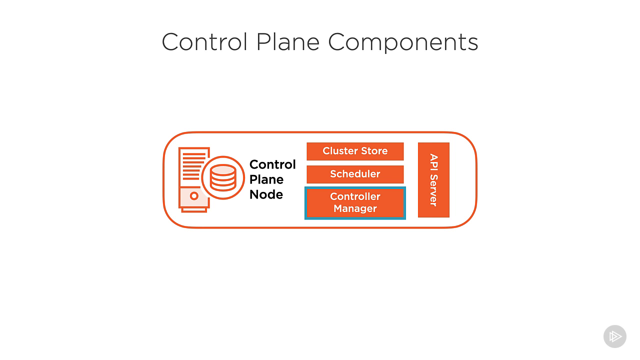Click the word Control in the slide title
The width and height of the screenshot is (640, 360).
204,42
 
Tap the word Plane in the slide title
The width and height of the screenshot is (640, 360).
287,42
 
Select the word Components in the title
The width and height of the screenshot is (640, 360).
403,43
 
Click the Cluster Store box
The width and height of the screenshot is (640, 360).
355,151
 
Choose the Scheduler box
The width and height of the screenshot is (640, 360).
355,174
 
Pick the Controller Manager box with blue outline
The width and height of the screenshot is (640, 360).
355,203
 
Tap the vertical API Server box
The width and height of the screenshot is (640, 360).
433,180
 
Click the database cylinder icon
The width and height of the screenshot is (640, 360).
223,177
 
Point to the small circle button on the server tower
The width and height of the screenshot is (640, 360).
194,196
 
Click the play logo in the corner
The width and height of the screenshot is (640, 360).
615,336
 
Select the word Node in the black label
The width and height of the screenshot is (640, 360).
266,194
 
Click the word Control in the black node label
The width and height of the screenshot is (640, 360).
272,164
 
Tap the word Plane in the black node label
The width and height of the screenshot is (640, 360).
266,179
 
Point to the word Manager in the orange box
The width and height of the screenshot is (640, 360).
355,209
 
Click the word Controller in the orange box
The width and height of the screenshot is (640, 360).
355,196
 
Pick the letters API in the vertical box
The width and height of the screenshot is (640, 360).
433,162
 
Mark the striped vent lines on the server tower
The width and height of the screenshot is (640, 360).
194,166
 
